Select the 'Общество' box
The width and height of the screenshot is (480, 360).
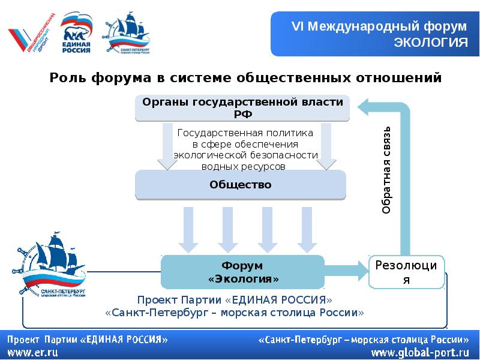tap(241, 185)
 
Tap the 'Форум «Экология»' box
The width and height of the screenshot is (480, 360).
tap(243, 272)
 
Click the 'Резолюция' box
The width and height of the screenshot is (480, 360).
tap(409, 272)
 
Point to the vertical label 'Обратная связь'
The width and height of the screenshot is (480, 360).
tap(387, 170)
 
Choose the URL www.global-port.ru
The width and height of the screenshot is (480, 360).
tap(420, 352)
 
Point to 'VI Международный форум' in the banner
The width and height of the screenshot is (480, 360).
tap(379, 26)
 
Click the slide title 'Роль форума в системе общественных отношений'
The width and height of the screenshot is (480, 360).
tap(245, 77)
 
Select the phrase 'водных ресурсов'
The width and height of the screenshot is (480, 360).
tap(243, 166)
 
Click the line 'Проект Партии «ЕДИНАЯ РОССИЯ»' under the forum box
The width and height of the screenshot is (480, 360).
tap(234, 299)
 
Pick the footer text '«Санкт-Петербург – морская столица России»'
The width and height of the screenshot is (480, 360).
tap(364, 339)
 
